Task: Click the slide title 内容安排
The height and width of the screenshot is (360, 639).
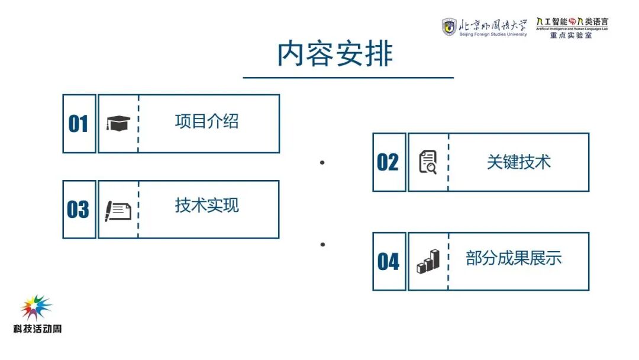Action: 335,54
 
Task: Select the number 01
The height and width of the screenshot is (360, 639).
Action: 78,124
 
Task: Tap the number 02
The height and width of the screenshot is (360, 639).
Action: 388,162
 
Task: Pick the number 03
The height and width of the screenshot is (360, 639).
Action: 78,210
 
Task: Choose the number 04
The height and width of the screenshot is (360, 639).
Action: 388,262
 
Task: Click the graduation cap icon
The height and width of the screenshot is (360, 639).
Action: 118,123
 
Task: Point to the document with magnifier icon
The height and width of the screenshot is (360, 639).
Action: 428,162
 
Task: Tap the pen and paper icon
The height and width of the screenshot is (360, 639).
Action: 118,210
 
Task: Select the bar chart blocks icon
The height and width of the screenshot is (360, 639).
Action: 428,261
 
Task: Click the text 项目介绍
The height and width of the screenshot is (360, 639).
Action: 207,121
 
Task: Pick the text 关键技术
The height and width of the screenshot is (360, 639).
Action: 518,162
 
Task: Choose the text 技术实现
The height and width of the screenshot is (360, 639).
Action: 207,205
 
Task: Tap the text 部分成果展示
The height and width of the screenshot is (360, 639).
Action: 514,258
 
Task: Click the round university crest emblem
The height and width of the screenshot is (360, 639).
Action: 450,27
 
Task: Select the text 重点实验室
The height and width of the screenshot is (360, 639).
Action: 571,36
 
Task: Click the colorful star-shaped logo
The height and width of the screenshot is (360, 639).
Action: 36,308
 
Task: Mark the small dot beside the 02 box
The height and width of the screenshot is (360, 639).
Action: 322,162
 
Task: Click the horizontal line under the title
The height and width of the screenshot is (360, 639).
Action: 348,78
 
